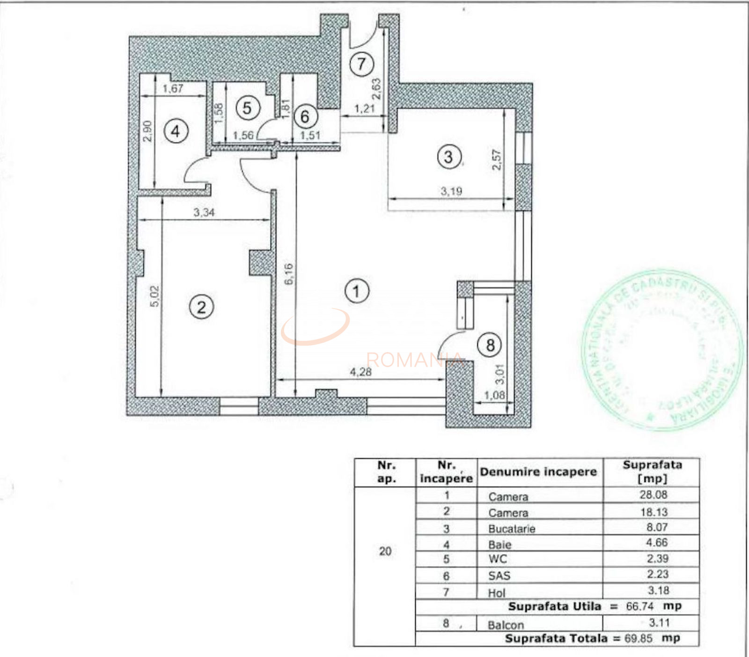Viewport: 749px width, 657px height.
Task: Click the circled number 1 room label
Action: click(357, 291)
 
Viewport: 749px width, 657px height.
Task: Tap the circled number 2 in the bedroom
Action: click(201, 307)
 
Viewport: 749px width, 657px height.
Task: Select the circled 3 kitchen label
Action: click(449, 157)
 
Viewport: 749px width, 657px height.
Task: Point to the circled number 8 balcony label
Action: click(490, 345)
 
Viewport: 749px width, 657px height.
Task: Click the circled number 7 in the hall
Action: click(361, 64)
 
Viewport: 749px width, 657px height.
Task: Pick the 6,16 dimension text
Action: click(289, 274)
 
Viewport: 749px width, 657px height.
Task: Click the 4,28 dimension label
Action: click(360, 372)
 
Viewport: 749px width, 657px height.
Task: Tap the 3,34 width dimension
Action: click(204, 212)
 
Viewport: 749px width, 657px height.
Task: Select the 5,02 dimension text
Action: click(155, 296)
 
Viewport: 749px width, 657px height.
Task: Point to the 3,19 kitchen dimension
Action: click(451, 191)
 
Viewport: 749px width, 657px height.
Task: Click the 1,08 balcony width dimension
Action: click(494, 396)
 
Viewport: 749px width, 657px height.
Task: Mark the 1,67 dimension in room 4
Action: click(173, 88)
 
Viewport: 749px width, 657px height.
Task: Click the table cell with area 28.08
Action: click(653, 495)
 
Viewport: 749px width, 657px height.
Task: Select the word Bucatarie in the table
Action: click(512, 529)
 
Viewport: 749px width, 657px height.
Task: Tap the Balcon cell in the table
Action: click(506, 625)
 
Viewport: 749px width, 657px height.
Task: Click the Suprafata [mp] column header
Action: click(652, 471)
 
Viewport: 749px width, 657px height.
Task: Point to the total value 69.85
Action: click(639, 638)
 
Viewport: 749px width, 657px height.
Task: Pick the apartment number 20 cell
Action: click(385, 551)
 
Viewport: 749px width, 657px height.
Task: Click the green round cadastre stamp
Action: click(662, 350)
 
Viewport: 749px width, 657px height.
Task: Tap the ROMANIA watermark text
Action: click(414, 360)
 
